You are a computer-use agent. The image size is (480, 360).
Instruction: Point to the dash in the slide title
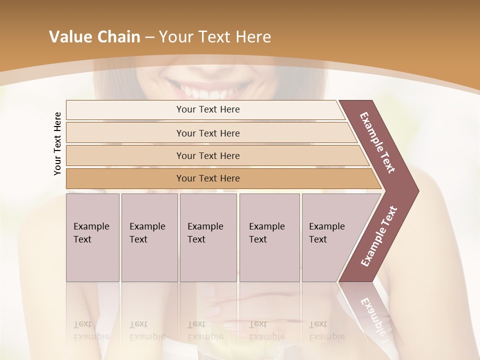(x=149, y=37)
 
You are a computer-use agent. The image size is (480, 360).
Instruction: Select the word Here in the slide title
(x=253, y=37)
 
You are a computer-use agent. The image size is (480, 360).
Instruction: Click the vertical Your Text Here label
(x=57, y=143)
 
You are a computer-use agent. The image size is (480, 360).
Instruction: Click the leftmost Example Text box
(x=92, y=237)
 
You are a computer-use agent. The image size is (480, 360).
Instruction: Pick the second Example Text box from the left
(x=149, y=237)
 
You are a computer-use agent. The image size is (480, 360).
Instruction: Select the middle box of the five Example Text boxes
(x=208, y=237)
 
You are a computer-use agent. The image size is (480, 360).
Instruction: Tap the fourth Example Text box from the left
(x=269, y=237)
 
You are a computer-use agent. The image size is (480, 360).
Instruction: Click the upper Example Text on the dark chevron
(x=377, y=142)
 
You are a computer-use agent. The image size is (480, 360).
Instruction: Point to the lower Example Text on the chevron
(x=379, y=236)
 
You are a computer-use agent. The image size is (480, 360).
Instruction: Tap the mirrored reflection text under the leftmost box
(x=91, y=330)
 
